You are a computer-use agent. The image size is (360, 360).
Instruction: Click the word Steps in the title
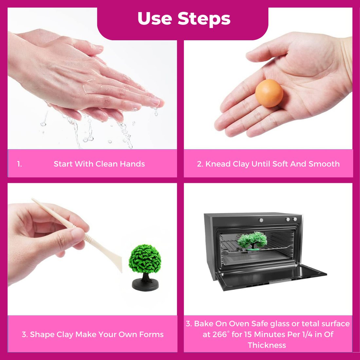coord(204,19)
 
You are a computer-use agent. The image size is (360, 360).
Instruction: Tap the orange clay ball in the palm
coord(269,93)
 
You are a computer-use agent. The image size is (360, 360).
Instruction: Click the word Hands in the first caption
coord(132,164)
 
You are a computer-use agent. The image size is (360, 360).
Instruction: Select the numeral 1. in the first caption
coord(20,164)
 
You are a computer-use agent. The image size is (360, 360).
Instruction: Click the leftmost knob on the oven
coord(261,220)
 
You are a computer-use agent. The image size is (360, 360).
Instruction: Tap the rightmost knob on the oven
coord(295,219)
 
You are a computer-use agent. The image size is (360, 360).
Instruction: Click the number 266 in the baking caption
coord(219,334)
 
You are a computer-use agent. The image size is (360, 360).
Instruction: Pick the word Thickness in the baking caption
coord(267,345)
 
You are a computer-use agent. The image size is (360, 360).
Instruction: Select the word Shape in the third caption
coord(42,334)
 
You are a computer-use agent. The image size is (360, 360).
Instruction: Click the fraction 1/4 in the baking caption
coord(307,334)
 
